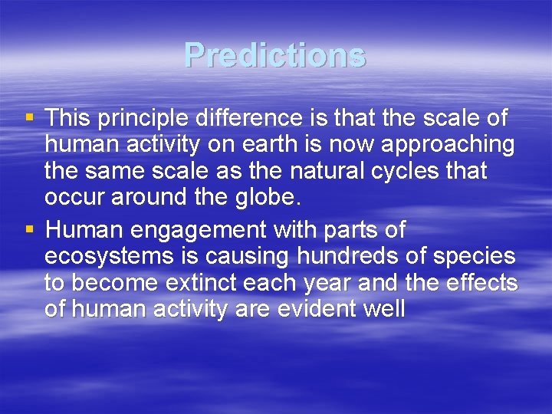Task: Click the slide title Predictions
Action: [x=275, y=54]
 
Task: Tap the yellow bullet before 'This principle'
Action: [x=30, y=117]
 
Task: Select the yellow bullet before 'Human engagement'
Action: [x=30, y=229]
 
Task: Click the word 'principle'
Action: [x=143, y=118]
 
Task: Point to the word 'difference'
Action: [x=249, y=117]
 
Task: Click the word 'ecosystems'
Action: [x=109, y=257]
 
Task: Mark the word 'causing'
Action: [x=247, y=257]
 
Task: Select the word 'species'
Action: [x=475, y=257]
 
